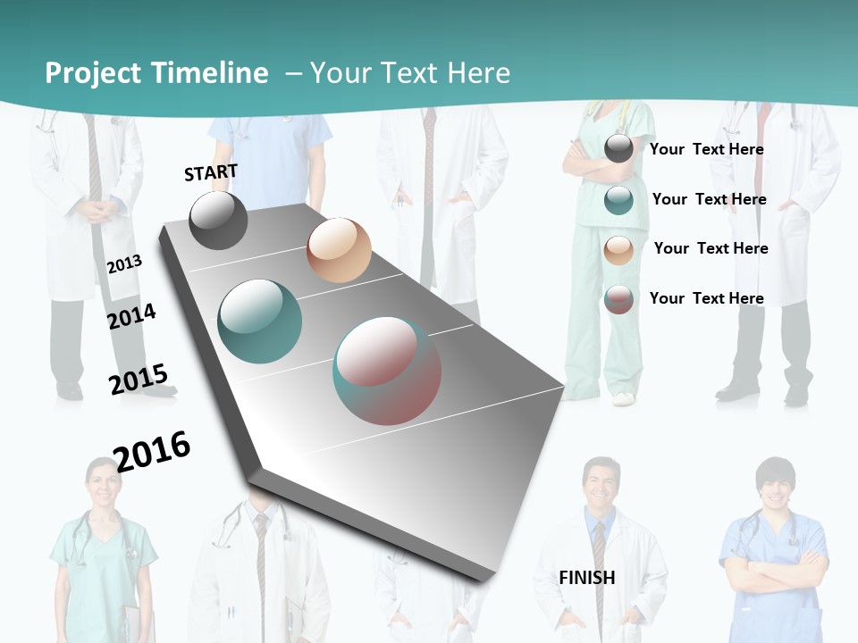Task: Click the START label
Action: [211, 172]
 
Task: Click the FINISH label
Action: [587, 578]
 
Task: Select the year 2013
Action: [124, 264]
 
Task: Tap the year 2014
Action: [131, 316]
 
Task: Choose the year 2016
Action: [152, 451]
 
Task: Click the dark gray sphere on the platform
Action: [218, 220]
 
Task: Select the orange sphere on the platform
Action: [339, 250]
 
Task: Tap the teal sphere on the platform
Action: [260, 321]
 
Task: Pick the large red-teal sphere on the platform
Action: [387, 371]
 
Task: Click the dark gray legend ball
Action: [618, 148]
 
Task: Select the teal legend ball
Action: [618, 200]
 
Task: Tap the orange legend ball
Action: [618, 250]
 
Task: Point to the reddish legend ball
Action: [618, 299]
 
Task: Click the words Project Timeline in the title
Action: [156, 73]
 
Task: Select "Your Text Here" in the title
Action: [410, 73]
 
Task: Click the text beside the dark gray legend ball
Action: [706, 149]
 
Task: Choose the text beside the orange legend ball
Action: [711, 248]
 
